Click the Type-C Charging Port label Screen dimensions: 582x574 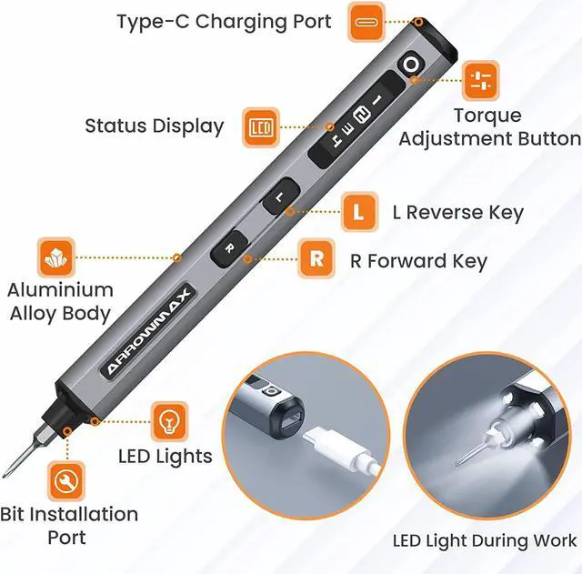[x=224, y=21]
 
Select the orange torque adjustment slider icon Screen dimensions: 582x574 [x=481, y=80]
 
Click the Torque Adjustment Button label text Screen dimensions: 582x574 [x=489, y=127]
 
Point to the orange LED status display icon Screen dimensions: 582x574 [x=262, y=126]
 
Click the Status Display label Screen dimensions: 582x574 [x=154, y=126]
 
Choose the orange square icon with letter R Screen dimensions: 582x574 [x=316, y=259]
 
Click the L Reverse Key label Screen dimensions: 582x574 [x=457, y=213]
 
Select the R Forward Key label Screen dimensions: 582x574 [x=418, y=261]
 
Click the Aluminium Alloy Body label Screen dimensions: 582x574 [x=60, y=302]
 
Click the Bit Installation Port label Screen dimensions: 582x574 [x=69, y=526]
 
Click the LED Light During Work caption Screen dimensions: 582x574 [x=484, y=541]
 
